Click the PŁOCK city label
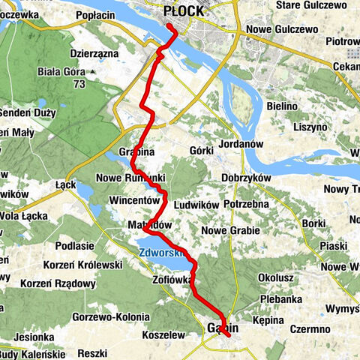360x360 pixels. point(184,10)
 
